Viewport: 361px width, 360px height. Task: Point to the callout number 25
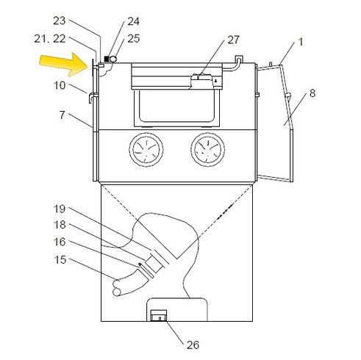132,37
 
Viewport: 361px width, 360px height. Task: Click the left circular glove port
146,153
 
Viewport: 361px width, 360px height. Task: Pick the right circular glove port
208,153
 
